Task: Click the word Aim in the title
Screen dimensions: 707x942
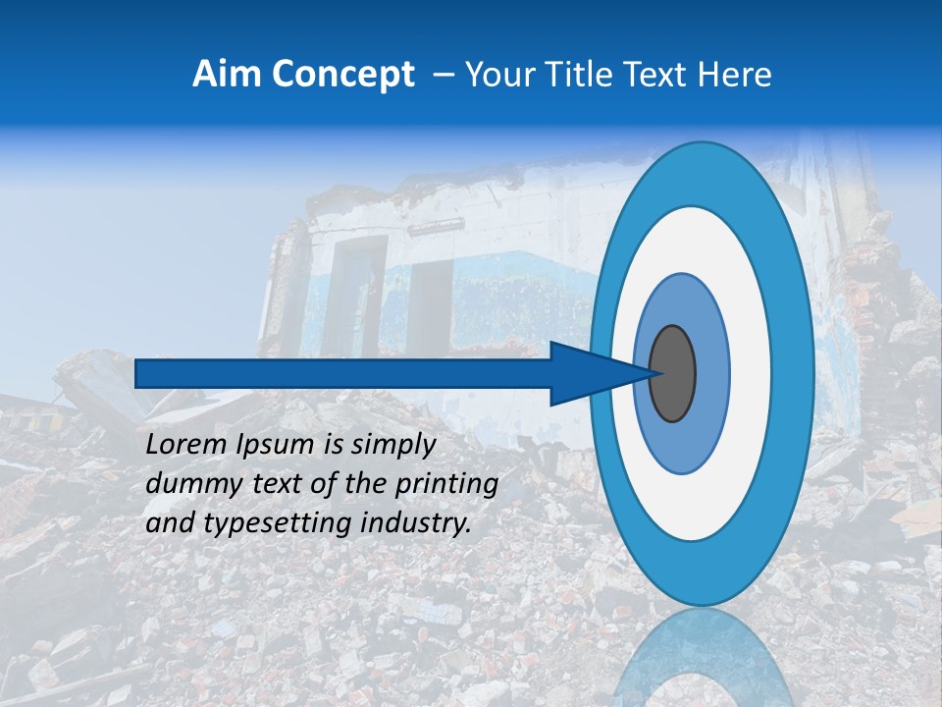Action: (x=227, y=75)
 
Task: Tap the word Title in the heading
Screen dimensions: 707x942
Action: (x=583, y=75)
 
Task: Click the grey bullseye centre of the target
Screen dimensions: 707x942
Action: (x=672, y=373)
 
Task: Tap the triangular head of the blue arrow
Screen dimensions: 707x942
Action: (x=589, y=373)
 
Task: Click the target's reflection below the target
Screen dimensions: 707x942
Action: (x=702, y=658)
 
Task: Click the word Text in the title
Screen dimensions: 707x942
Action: (x=656, y=75)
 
